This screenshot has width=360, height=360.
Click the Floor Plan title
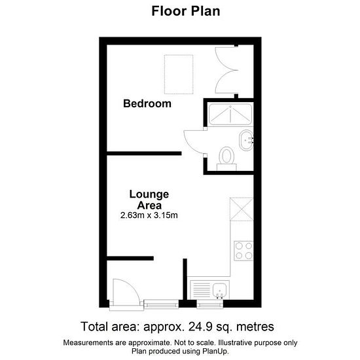186,11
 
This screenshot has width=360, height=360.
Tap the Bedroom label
147,103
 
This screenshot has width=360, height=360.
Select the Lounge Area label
149,200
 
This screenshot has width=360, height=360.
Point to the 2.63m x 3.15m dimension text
149,215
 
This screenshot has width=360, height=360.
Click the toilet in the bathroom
226,159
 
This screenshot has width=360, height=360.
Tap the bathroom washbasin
246,140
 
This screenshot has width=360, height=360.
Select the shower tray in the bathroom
230,114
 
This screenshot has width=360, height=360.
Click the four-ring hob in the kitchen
243,251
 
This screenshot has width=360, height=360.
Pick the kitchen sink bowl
219,291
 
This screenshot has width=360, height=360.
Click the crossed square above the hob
242,209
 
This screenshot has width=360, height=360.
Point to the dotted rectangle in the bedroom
179,75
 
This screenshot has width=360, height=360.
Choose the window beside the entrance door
161,304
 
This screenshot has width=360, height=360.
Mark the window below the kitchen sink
210,304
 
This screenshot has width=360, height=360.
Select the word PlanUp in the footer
215,351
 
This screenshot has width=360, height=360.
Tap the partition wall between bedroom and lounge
144,153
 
